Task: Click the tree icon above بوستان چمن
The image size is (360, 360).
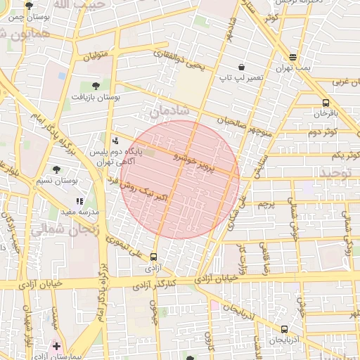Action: [x=29, y=6]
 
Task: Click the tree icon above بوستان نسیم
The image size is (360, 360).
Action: [x=56, y=169]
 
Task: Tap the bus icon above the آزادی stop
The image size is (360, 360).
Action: [x=154, y=257]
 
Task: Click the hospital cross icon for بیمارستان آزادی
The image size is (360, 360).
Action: [x=57, y=346]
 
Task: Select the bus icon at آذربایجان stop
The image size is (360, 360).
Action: [x=284, y=329]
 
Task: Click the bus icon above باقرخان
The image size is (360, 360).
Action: [x=325, y=102]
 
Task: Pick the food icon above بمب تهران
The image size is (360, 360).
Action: [x=292, y=58]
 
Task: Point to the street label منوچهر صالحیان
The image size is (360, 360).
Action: [x=245, y=125]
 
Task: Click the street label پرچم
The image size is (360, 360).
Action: [x=265, y=205]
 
